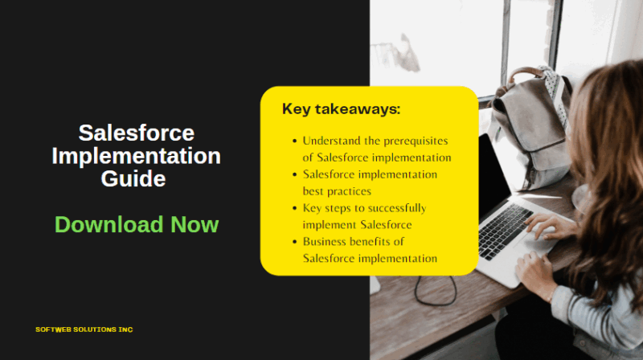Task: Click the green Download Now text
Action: coord(136,224)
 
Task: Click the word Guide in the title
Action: coord(133,178)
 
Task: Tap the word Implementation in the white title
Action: coord(136,155)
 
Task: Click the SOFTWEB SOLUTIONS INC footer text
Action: coord(84,329)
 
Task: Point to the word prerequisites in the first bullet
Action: coord(409,140)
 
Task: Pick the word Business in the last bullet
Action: coord(326,242)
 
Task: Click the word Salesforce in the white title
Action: coord(136,133)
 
